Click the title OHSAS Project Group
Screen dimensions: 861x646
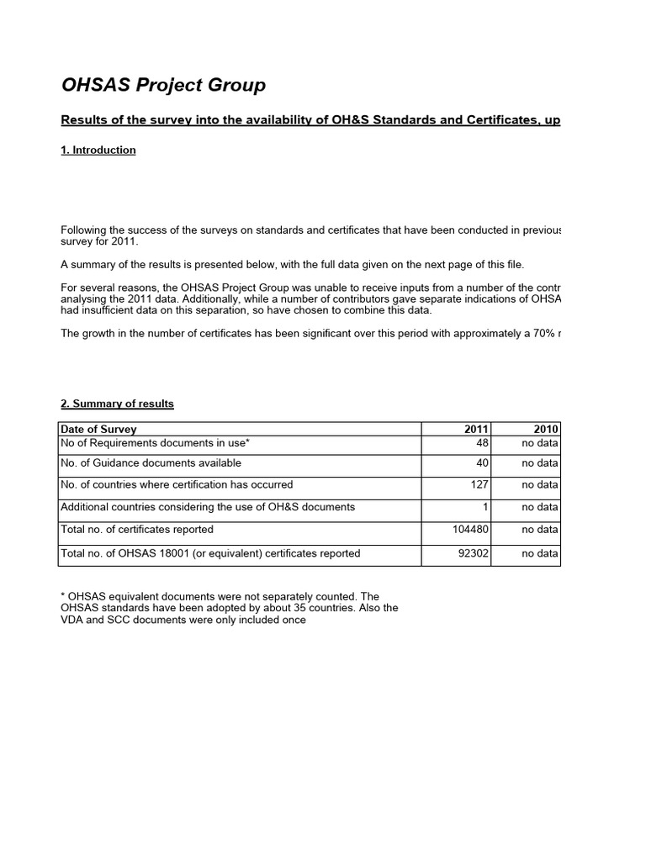coord(163,85)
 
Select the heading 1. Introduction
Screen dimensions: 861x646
coord(98,151)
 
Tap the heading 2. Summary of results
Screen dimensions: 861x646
coord(117,404)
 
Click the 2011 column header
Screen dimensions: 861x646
coord(476,429)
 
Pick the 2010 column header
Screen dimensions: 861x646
coord(546,429)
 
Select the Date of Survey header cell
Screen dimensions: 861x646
coord(98,429)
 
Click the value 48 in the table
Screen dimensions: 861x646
coord(482,442)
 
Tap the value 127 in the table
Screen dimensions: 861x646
coord(479,485)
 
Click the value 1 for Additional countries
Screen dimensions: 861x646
coord(485,507)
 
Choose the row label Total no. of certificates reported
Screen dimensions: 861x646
coord(137,530)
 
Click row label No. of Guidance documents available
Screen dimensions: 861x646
coord(151,463)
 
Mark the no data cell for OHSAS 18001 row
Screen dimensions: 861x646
coord(539,553)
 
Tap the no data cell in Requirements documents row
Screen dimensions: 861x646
coord(539,442)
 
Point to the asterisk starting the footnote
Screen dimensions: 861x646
coord(63,597)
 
